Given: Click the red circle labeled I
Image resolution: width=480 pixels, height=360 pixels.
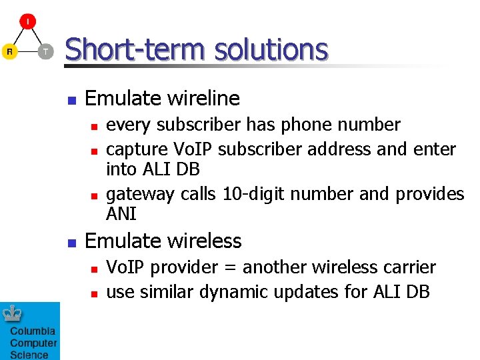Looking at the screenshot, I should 27,22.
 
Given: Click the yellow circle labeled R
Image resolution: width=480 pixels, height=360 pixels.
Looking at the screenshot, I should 9,51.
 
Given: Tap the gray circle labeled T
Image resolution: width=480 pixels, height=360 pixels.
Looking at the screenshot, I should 45,51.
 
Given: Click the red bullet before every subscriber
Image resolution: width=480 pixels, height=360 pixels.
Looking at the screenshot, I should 95,126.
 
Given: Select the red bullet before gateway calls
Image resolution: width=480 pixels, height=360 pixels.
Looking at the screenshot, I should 95,195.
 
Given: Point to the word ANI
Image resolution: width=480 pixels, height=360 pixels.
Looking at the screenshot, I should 121,214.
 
